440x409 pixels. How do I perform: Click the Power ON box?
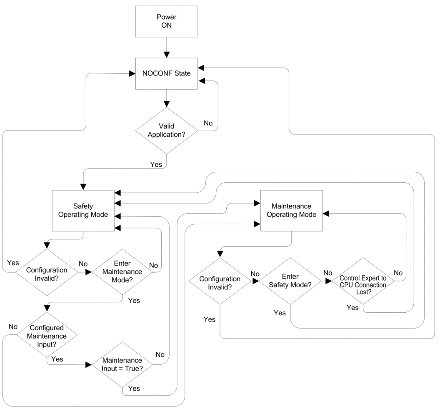pos(166,21)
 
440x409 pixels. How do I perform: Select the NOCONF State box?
pos(166,73)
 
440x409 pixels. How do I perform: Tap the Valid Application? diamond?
pos(166,131)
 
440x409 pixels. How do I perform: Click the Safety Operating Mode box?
pos(83,211)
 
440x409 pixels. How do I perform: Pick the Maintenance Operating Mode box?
pos(292,211)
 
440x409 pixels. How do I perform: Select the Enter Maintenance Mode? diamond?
pos(122,272)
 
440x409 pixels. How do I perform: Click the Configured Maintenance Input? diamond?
pos(47,335)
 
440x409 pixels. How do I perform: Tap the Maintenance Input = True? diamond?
pos(122,365)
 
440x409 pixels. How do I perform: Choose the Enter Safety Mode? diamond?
pos(290,281)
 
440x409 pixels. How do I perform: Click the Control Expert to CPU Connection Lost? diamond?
pos(363,281)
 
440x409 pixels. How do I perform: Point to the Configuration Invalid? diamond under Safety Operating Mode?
pos(47,272)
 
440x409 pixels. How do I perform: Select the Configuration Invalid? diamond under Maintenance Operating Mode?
pos(220,281)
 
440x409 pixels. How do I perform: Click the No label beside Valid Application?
pos(208,123)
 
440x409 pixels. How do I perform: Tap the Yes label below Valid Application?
pos(156,165)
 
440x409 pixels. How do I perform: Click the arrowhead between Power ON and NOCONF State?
pos(167,55)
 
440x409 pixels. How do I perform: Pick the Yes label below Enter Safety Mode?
pos(280,313)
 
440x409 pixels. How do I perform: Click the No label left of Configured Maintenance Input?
pos(13,327)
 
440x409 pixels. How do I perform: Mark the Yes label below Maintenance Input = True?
pos(134,389)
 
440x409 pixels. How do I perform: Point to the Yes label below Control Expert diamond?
pos(352,308)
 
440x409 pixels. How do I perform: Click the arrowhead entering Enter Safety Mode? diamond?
pos(256,281)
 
